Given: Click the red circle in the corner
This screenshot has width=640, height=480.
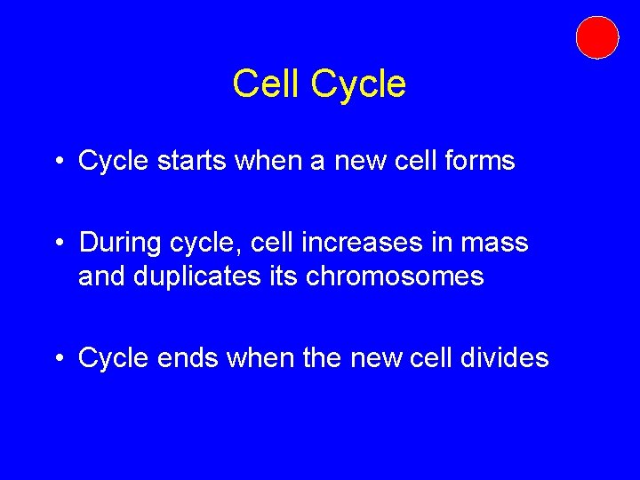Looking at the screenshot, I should pyautogui.click(x=596, y=37).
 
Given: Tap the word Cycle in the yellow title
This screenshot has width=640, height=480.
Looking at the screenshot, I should pyautogui.click(x=358, y=84).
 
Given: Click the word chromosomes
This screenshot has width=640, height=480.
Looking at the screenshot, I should pyautogui.click(x=395, y=276).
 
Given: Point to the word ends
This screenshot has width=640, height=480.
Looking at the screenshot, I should pyautogui.click(x=188, y=357).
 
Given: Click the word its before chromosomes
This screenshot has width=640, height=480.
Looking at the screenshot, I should pyautogui.click(x=282, y=276).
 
